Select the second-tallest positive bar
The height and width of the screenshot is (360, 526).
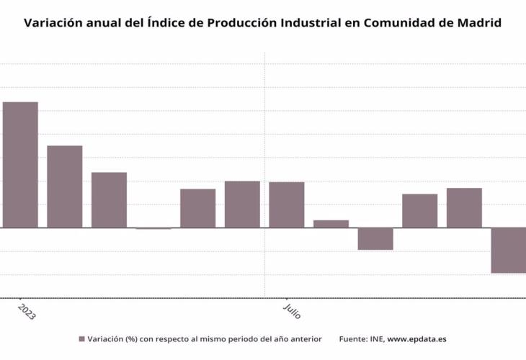pyautogui.click(x=65, y=186)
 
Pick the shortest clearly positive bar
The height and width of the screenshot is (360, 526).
pyautogui.click(x=331, y=224)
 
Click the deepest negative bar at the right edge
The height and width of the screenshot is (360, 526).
pyautogui.click(x=509, y=251)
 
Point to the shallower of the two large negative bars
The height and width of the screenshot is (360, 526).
pyautogui.click(x=375, y=239)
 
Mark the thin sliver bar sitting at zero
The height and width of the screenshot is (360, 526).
pyautogui.click(x=153, y=228)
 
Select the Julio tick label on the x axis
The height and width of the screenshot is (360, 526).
pyautogui.click(x=291, y=310)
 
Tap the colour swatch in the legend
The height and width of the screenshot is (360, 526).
pyautogui.click(x=81, y=338)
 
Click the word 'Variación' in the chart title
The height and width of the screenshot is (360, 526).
pyautogui.click(x=53, y=22)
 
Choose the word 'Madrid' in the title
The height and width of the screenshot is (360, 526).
pyautogui.click(x=479, y=22)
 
